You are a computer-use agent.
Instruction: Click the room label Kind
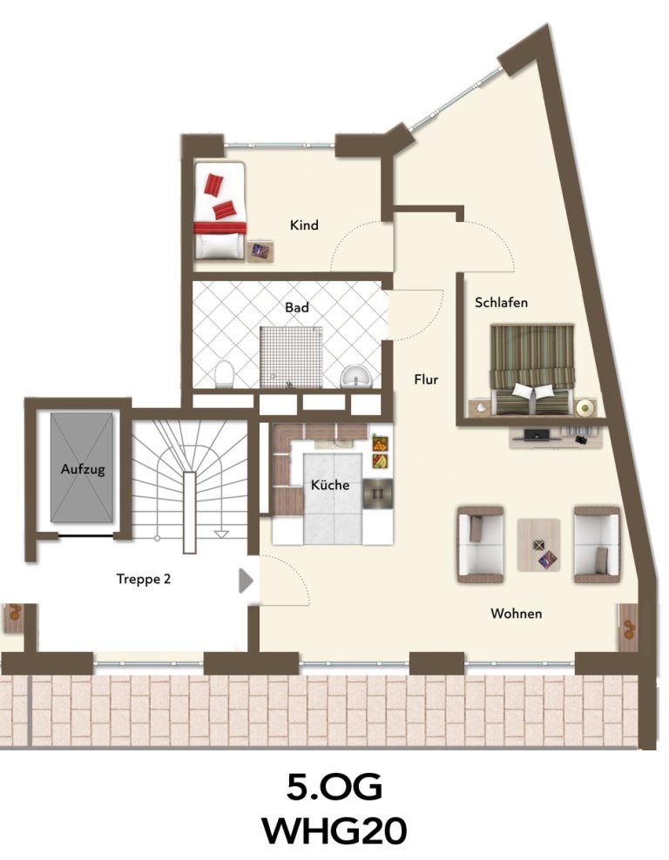click(x=304, y=225)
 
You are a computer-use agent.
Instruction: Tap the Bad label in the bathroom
click(x=297, y=307)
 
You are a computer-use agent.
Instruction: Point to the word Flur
click(x=427, y=379)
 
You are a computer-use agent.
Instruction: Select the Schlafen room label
click(x=501, y=302)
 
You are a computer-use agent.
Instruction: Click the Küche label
click(x=330, y=485)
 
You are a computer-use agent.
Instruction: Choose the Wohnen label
click(x=517, y=613)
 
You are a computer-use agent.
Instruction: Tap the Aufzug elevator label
click(x=83, y=469)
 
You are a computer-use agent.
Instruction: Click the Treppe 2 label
click(x=144, y=579)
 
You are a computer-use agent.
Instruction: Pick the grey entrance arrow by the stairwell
click(x=246, y=581)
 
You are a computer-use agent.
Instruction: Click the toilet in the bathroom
click(x=224, y=373)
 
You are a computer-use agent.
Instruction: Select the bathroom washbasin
click(x=357, y=376)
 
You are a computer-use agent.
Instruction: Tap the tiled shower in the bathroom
click(x=291, y=358)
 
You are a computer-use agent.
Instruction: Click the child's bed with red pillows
click(x=219, y=211)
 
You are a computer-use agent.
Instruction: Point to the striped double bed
click(x=531, y=370)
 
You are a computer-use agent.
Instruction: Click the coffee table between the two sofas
click(x=539, y=545)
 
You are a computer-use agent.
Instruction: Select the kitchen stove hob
click(x=377, y=492)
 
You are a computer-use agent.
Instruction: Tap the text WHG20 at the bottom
click(x=334, y=831)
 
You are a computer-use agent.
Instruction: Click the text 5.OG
click(x=334, y=788)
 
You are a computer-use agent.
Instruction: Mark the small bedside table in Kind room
click(x=260, y=252)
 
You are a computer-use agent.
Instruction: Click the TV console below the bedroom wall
click(x=556, y=437)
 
